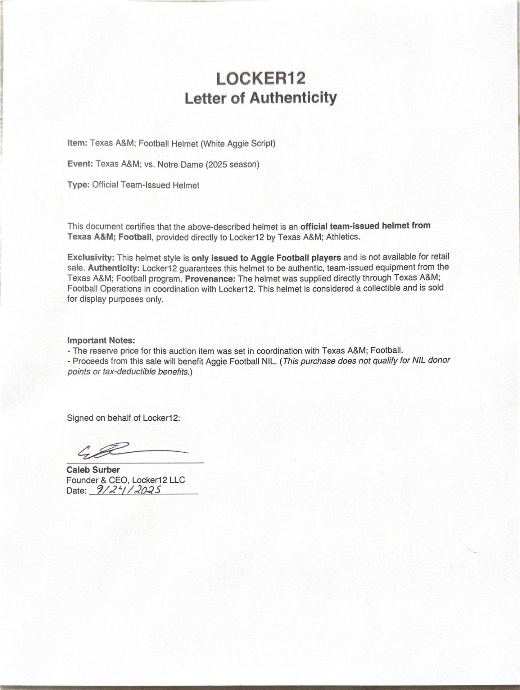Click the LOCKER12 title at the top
261,78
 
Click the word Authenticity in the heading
293,98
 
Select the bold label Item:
77,143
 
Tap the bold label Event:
80,164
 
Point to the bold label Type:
78,185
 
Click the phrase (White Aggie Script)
238,143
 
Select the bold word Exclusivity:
91,258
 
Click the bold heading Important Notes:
101,341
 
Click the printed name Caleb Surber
93,470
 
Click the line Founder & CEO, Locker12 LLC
126,480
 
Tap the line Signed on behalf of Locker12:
123,418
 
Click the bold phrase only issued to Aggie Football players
266,257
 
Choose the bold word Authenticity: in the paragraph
114,268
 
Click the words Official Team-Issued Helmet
145,185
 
